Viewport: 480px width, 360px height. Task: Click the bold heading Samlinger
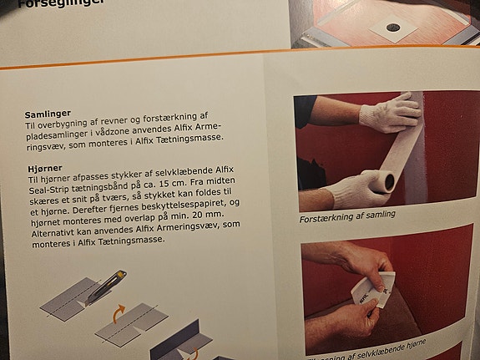pyautogui.click(x=47, y=113)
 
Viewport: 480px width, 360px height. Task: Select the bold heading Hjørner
pyautogui.click(x=43, y=168)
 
